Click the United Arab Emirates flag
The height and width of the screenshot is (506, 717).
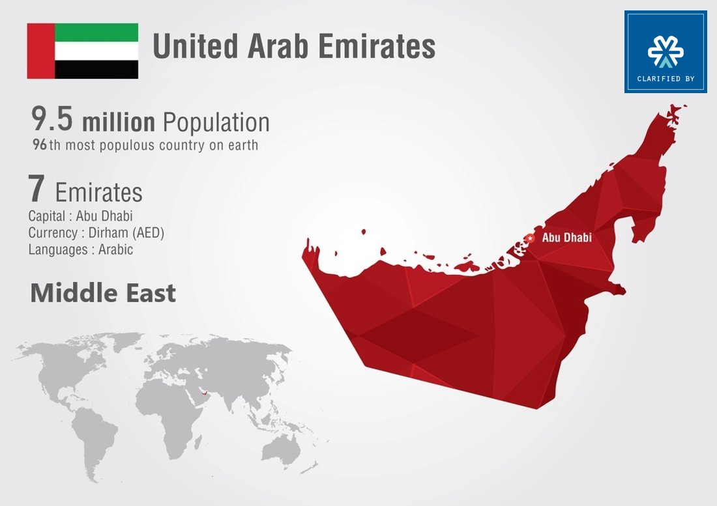click(82, 51)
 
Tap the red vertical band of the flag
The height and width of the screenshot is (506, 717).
click(40, 51)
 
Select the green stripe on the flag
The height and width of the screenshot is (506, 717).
click(96, 33)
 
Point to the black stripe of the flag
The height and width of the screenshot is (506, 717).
click(96, 70)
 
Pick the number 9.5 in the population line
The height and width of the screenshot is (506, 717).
click(52, 122)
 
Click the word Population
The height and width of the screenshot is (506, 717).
click(216, 122)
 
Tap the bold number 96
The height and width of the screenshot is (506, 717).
click(40, 145)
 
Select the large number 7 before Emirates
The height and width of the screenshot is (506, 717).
click(37, 190)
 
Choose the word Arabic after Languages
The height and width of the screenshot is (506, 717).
click(115, 249)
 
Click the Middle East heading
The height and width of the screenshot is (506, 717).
click(103, 293)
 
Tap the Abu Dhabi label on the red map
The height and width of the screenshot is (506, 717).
click(566, 238)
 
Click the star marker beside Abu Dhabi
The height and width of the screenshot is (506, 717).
click(530, 238)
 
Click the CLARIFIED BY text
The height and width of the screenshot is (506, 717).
click(666, 79)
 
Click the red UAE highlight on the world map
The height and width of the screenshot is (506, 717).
click(205, 392)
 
